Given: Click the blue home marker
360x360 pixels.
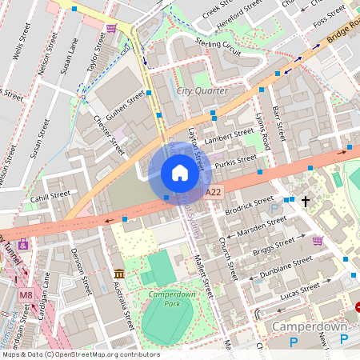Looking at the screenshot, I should coord(180,173).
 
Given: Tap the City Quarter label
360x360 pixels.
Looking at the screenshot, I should coord(202,90).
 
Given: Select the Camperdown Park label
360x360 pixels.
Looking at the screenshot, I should coord(167,299).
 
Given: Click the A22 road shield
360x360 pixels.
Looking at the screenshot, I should coord(213,193).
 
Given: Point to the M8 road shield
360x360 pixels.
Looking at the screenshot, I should coord(26,295).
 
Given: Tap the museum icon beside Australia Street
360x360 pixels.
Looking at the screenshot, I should coord(119,274).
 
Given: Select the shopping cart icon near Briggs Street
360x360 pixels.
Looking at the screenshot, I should coord(318,240).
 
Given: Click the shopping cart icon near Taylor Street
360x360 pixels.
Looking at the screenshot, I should coord(110,28).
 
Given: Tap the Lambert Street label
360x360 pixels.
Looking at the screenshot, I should coord(228,138).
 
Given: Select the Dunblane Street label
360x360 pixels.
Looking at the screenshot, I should coord(286,265).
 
